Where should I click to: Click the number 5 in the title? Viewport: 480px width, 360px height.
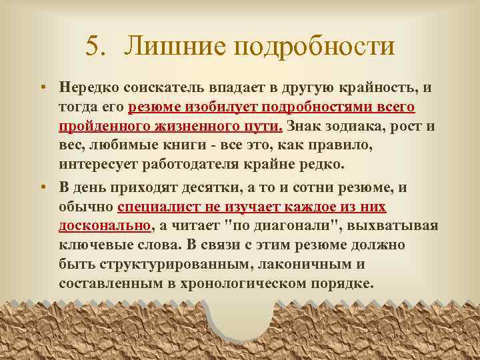coord(93,47)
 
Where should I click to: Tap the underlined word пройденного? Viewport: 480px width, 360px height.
coord(101,127)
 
